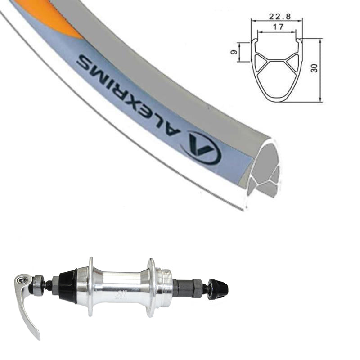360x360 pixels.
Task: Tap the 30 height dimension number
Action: pos(314,68)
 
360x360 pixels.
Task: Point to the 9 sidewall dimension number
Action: pos(234,52)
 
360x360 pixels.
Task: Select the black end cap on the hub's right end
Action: pos(218,289)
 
